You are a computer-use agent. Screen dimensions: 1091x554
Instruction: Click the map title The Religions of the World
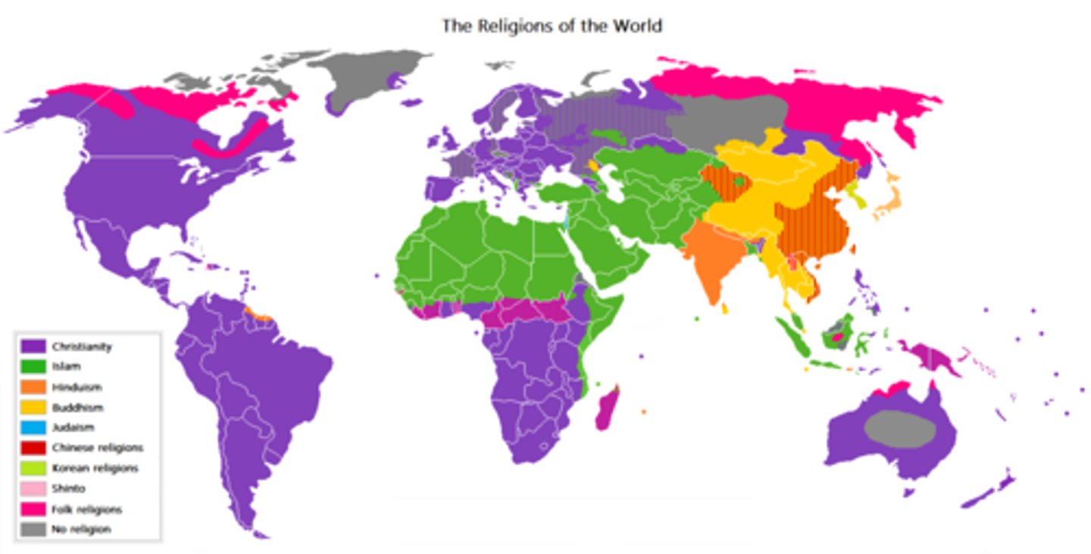pyautogui.click(x=552, y=26)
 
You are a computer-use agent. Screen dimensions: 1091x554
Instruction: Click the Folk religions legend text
pyautogui.click(x=87, y=509)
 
